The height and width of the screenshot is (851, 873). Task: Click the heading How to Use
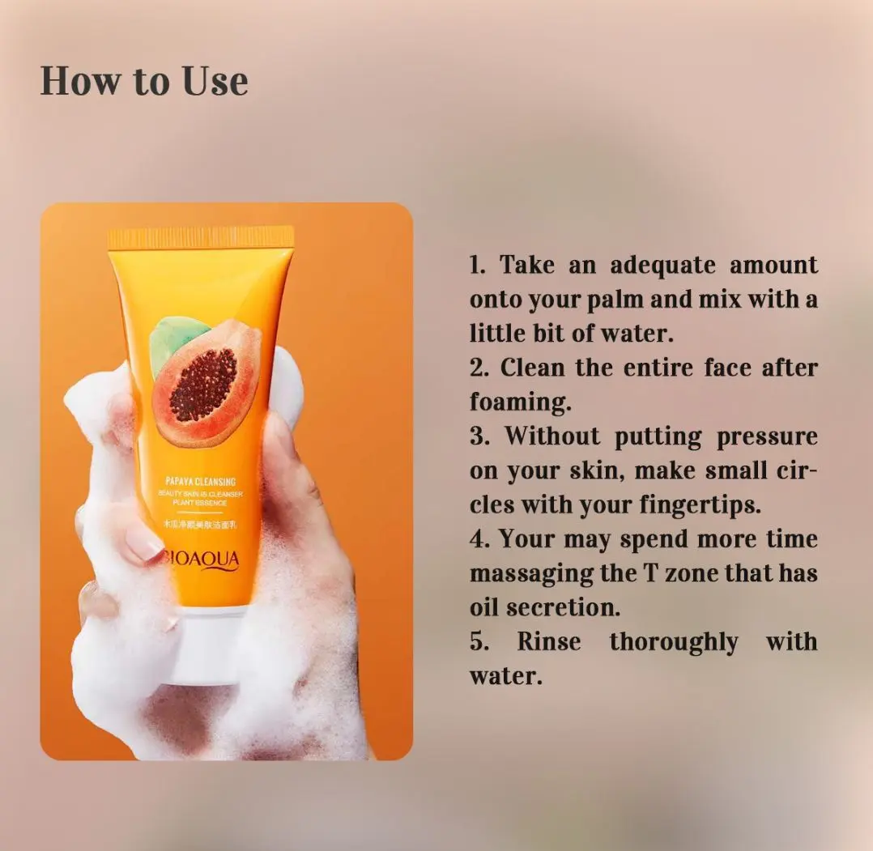(144, 81)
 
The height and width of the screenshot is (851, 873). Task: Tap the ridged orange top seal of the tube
(201, 238)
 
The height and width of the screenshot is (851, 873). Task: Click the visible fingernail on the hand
(144, 547)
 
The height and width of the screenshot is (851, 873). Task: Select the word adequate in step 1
(662, 265)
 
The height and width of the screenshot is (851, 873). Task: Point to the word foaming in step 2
(515, 402)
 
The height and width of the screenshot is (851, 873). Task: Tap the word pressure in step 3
(767, 436)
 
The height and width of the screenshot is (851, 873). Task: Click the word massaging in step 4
(528, 573)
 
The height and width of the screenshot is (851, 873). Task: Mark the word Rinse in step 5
(549, 642)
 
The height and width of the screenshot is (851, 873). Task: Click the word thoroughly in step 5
(674, 642)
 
